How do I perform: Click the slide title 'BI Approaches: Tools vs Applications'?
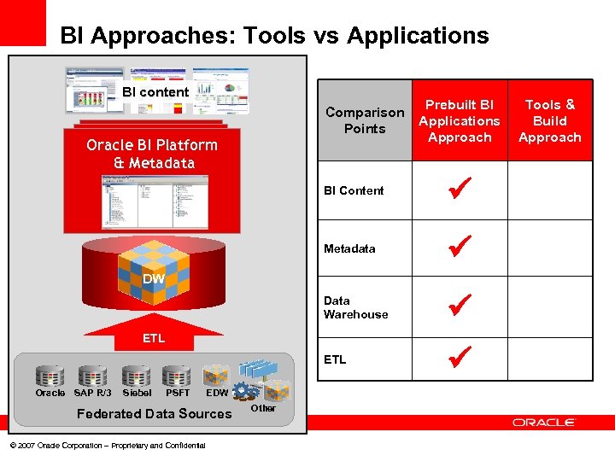(x=274, y=36)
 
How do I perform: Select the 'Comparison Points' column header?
(x=365, y=120)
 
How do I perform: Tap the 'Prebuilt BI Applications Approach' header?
(x=460, y=120)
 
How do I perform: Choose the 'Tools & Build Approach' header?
(x=549, y=120)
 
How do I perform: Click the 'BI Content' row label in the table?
(x=354, y=190)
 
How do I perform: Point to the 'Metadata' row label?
(x=349, y=248)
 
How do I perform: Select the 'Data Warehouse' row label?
(x=355, y=307)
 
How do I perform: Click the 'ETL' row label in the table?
(x=335, y=359)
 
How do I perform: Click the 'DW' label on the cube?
(x=154, y=279)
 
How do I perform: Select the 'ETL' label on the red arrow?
(x=154, y=338)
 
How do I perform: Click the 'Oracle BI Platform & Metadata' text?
(x=152, y=154)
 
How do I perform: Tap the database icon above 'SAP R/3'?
(x=92, y=376)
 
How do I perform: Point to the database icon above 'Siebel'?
(x=137, y=376)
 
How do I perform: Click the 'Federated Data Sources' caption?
(x=155, y=414)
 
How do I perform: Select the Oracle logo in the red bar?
(x=544, y=423)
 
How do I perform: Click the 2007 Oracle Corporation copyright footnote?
(x=107, y=446)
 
